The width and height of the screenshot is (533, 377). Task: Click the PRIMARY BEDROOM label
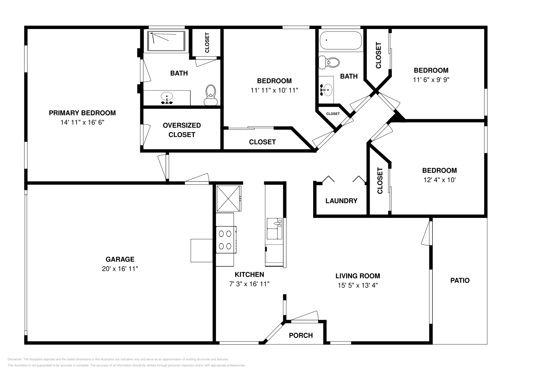pyautogui.click(x=82, y=113)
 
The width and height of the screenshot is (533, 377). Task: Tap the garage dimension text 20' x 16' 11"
pyautogui.click(x=120, y=269)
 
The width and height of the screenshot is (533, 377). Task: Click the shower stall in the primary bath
pyautogui.click(x=166, y=41)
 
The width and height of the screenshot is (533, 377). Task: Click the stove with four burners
pyautogui.click(x=226, y=240)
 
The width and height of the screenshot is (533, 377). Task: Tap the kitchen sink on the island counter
pyautogui.click(x=274, y=226)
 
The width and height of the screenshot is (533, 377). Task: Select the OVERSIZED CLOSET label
pyautogui.click(x=182, y=130)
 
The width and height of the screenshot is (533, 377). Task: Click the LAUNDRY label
pyautogui.click(x=341, y=201)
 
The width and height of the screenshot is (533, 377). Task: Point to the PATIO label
pyautogui.click(x=460, y=280)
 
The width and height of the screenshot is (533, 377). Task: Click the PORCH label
pyautogui.click(x=300, y=335)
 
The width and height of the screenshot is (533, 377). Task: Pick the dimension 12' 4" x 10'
pyautogui.click(x=439, y=180)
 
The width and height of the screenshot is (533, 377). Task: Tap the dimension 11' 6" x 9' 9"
pyautogui.click(x=431, y=80)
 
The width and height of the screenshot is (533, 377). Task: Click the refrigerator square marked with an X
pyautogui.click(x=228, y=198)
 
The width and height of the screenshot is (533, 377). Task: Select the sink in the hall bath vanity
pyautogui.click(x=327, y=89)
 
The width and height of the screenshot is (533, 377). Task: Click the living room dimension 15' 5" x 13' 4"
pyautogui.click(x=357, y=285)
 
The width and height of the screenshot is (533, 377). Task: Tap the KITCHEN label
pyautogui.click(x=249, y=274)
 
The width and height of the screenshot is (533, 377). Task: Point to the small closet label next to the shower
pyautogui.click(x=207, y=43)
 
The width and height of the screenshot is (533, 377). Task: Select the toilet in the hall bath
pyautogui.click(x=330, y=62)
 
